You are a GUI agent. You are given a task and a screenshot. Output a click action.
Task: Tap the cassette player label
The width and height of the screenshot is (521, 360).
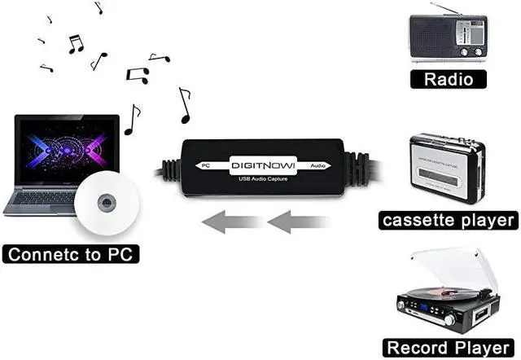[448, 220]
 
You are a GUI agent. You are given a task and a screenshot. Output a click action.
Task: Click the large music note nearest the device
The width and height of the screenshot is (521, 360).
[184, 106]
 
